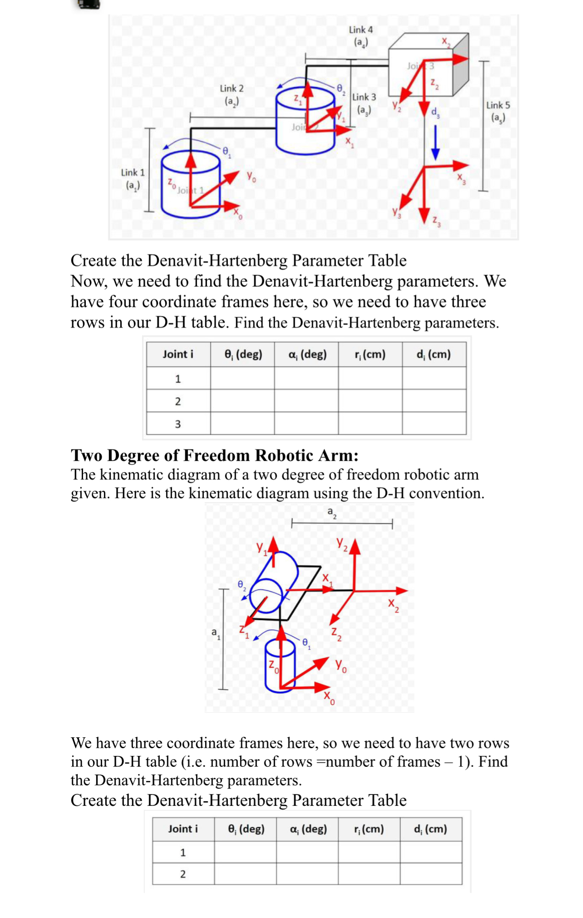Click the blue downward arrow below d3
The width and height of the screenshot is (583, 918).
(x=435, y=142)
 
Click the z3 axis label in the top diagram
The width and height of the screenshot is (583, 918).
(x=436, y=221)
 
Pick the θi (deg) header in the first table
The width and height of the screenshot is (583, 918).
(x=243, y=355)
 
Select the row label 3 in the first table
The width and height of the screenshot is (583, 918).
(x=178, y=424)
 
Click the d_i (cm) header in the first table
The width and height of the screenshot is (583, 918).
(x=434, y=355)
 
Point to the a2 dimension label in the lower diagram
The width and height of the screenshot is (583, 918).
(x=332, y=513)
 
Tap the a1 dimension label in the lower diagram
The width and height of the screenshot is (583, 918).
(x=216, y=633)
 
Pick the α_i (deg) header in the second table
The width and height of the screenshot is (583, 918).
(x=308, y=829)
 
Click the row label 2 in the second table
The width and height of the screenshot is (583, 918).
(x=183, y=874)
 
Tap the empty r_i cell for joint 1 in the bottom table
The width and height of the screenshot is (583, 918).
(x=369, y=852)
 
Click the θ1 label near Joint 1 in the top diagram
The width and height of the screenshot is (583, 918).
(x=227, y=152)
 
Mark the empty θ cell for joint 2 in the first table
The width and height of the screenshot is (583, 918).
(x=242, y=401)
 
